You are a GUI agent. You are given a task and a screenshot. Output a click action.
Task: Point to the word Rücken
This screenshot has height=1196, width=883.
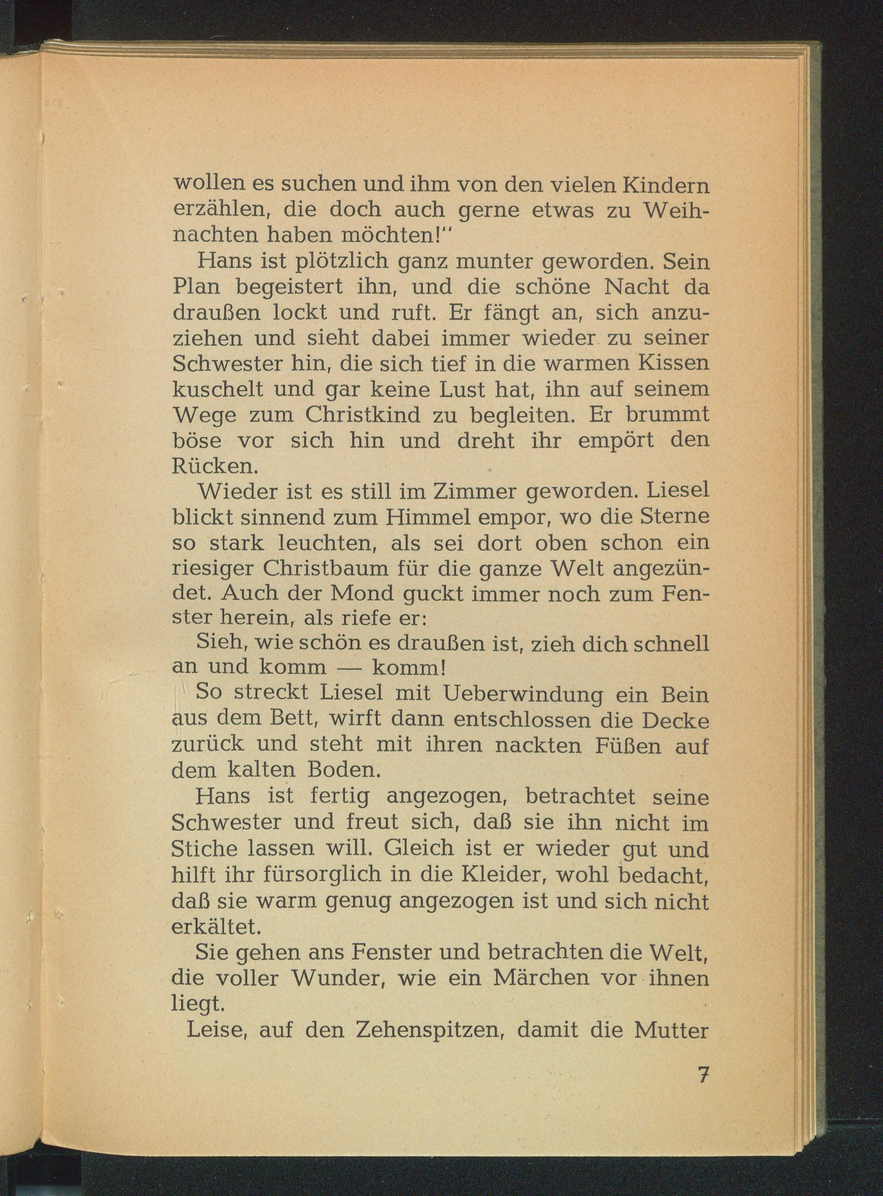(215, 466)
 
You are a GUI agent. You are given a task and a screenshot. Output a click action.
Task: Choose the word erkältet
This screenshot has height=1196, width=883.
(216, 927)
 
